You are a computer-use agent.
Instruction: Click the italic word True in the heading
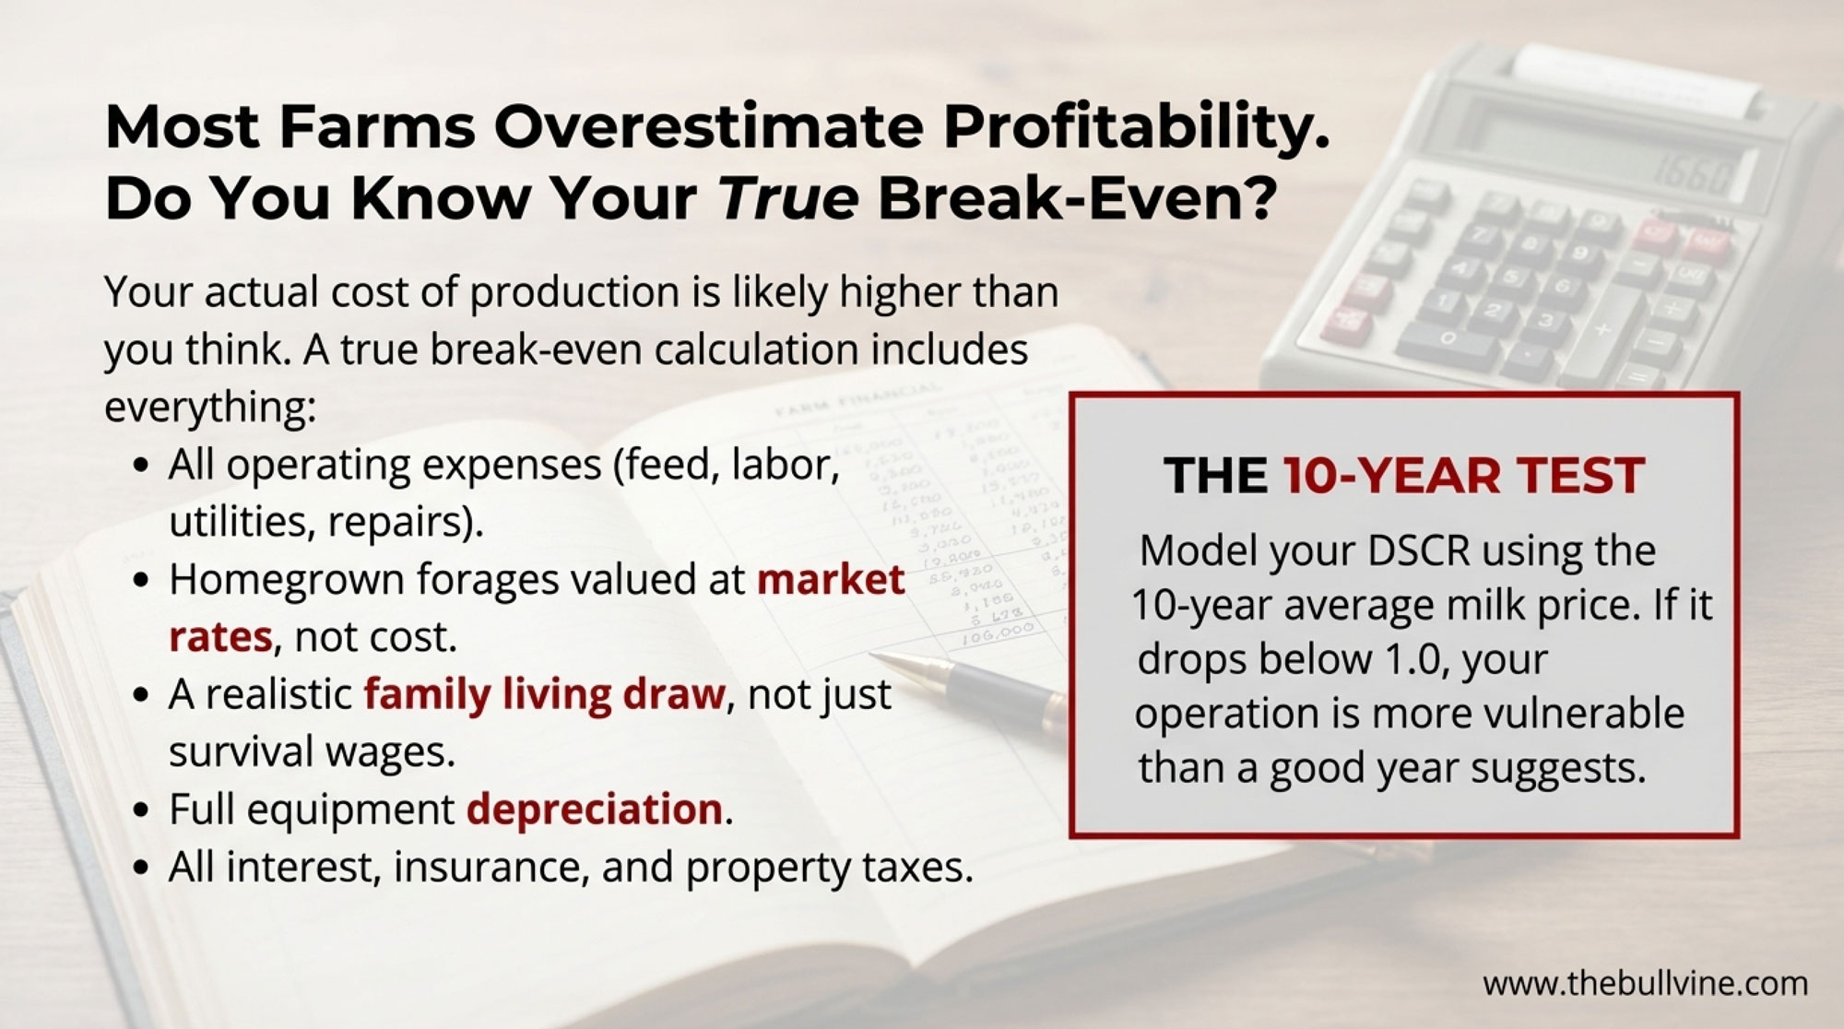pyautogui.click(x=788, y=197)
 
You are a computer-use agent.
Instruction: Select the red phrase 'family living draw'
pyautogui.click(x=545, y=694)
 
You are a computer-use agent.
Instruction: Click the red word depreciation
pyautogui.click(x=595, y=809)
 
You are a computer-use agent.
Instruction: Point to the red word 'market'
pyautogui.click(x=831, y=579)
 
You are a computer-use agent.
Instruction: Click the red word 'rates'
pyautogui.click(x=221, y=637)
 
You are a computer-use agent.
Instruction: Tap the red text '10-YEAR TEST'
pyautogui.click(x=1464, y=476)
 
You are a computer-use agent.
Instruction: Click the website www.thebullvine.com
pyautogui.click(x=1645, y=984)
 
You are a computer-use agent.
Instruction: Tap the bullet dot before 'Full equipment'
pyautogui.click(x=140, y=811)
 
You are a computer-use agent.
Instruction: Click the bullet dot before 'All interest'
pyautogui.click(x=140, y=869)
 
